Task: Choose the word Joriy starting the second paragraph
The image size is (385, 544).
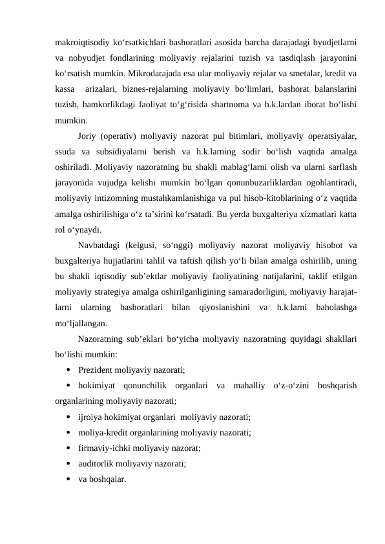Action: [87, 136]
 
